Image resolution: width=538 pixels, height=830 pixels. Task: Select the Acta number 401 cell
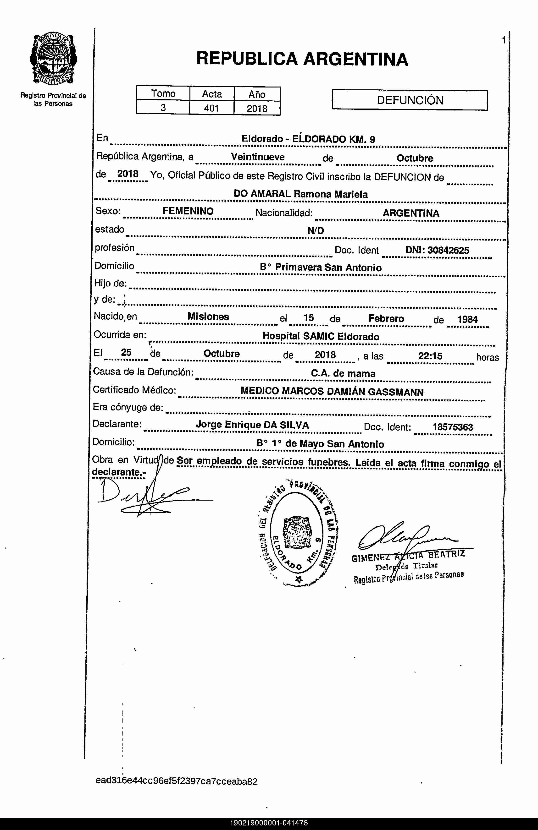pyautogui.click(x=211, y=108)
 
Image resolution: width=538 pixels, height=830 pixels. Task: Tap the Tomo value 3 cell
pyautogui.click(x=163, y=108)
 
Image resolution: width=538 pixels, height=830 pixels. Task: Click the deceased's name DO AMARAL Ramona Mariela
pyautogui.click(x=300, y=194)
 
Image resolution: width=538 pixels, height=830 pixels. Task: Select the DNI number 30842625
pyautogui.click(x=448, y=250)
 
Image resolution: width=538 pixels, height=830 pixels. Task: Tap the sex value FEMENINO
pyautogui.click(x=188, y=211)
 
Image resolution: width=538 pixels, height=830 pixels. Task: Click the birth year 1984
pyautogui.click(x=467, y=319)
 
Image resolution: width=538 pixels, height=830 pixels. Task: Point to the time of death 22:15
pyautogui.click(x=430, y=356)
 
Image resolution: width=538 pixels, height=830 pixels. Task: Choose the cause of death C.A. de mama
pyautogui.click(x=343, y=373)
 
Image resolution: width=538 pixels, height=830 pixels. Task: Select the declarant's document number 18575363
pyautogui.click(x=453, y=427)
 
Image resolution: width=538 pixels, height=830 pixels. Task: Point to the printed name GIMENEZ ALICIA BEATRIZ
pyautogui.click(x=408, y=556)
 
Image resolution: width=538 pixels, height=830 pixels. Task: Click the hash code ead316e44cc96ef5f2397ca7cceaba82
pyautogui.click(x=177, y=781)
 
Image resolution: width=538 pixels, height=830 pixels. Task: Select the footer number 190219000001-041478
pyautogui.click(x=269, y=823)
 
